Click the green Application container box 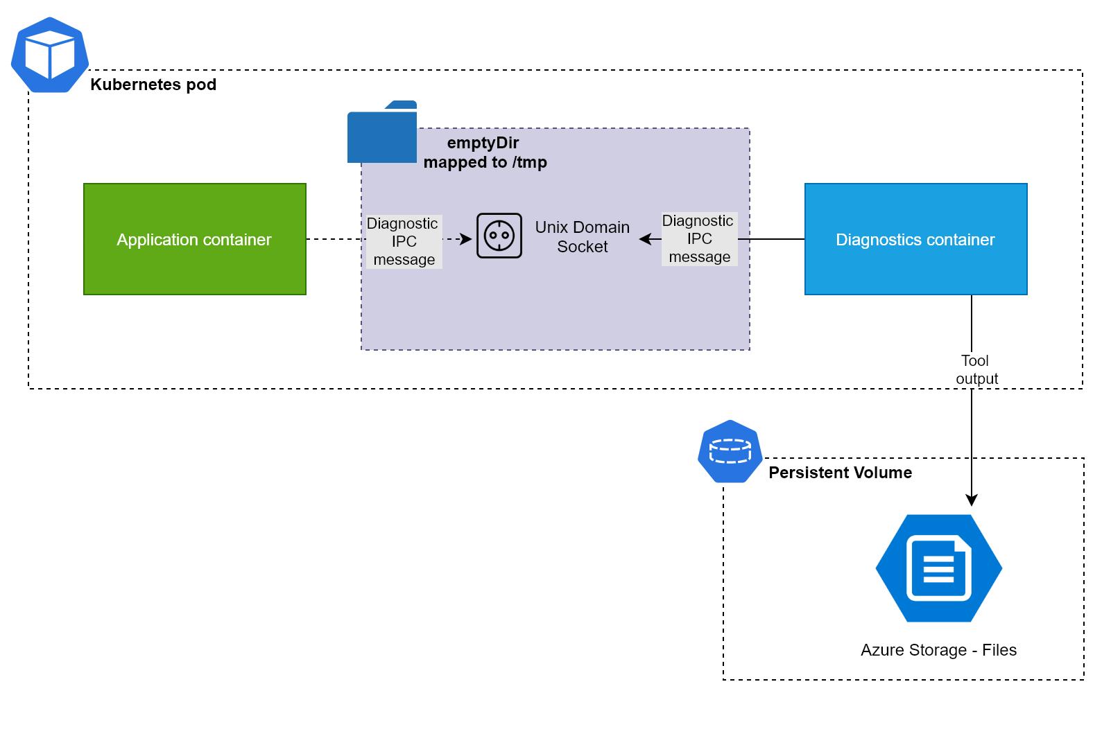[194, 239]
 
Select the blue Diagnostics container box [915, 239]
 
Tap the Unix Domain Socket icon [499, 236]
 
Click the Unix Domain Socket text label [583, 237]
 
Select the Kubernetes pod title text [153, 85]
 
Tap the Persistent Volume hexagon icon [730, 451]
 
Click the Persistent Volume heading [840, 473]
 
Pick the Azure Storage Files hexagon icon [939, 568]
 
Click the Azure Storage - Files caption [938, 650]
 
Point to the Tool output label [976, 370]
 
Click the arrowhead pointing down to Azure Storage [972, 500]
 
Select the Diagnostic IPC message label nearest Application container [404, 241]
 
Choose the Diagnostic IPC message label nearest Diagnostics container [699, 239]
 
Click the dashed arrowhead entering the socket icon [467, 239]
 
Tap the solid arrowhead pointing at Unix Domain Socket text [645, 239]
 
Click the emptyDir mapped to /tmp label [485, 152]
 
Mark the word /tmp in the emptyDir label [530, 162]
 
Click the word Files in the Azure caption [999, 650]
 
